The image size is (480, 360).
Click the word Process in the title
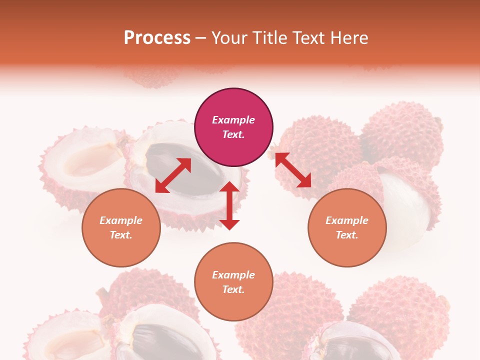(157, 38)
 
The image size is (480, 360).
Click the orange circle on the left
(121, 227)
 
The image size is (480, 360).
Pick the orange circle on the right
(347, 227)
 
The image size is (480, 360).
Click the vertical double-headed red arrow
(229, 205)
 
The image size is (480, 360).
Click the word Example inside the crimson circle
(233, 120)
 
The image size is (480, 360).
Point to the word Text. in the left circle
(121, 235)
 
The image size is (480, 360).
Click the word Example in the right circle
(347, 220)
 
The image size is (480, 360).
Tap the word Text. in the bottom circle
(233, 289)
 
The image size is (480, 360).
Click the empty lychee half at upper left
(85, 160)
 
